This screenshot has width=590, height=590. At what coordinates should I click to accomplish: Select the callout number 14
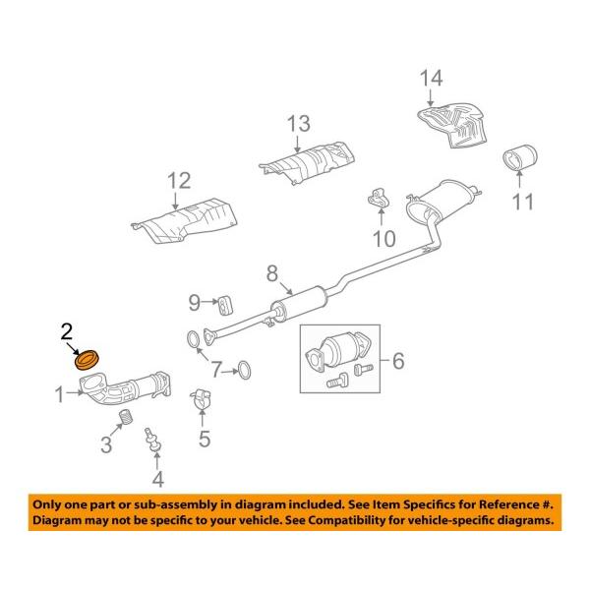[433, 78]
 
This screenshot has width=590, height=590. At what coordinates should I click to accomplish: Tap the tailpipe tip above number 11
[521, 159]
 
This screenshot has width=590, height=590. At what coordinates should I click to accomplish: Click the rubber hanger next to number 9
[224, 300]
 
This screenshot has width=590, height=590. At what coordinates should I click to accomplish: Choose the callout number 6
[398, 361]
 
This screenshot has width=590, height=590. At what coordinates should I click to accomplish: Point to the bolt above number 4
[152, 440]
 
